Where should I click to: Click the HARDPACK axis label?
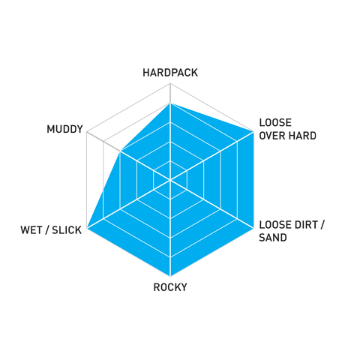point(170,73)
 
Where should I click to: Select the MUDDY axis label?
point(64,129)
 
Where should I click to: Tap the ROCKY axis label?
point(170,287)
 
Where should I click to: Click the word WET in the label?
point(31,230)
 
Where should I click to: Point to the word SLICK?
point(67,230)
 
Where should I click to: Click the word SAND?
point(273,238)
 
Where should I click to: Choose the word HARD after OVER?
point(302,136)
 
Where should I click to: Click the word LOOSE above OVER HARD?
point(275,123)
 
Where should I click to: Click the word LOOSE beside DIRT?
point(275,225)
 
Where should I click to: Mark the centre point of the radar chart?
point(170,180)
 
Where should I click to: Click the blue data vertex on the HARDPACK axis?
point(170,103)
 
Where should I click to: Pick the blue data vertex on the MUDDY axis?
point(120,151)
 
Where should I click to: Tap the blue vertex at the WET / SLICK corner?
point(87,228)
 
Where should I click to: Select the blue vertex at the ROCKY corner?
point(170,276)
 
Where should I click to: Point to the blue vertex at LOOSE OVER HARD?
point(253,132)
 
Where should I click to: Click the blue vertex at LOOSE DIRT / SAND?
point(253,228)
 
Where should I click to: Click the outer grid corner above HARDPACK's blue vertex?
point(170,84)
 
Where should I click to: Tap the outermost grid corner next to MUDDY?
point(87,132)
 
